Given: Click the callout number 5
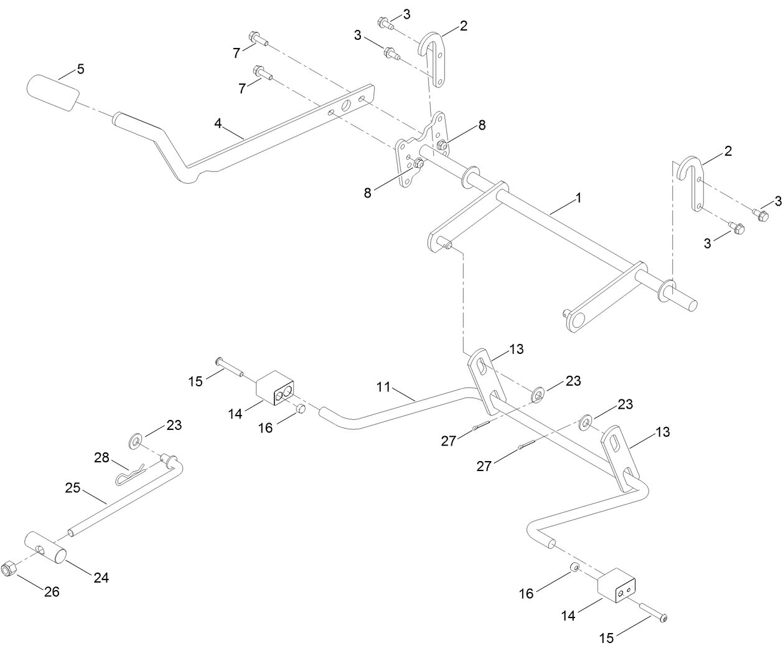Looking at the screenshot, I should click(81, 69).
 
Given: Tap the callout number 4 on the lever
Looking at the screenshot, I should click(218, 123).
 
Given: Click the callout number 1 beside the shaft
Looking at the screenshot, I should click(578, 198).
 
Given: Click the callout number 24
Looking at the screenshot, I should click(101, 578).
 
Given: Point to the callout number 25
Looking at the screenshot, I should click(73, 487).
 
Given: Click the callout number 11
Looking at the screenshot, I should click(383, 387).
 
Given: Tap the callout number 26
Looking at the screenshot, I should click(52, 591).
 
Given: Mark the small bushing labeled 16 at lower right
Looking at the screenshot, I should click(575, 568).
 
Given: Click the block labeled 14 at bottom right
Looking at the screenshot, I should click(619, 586).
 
